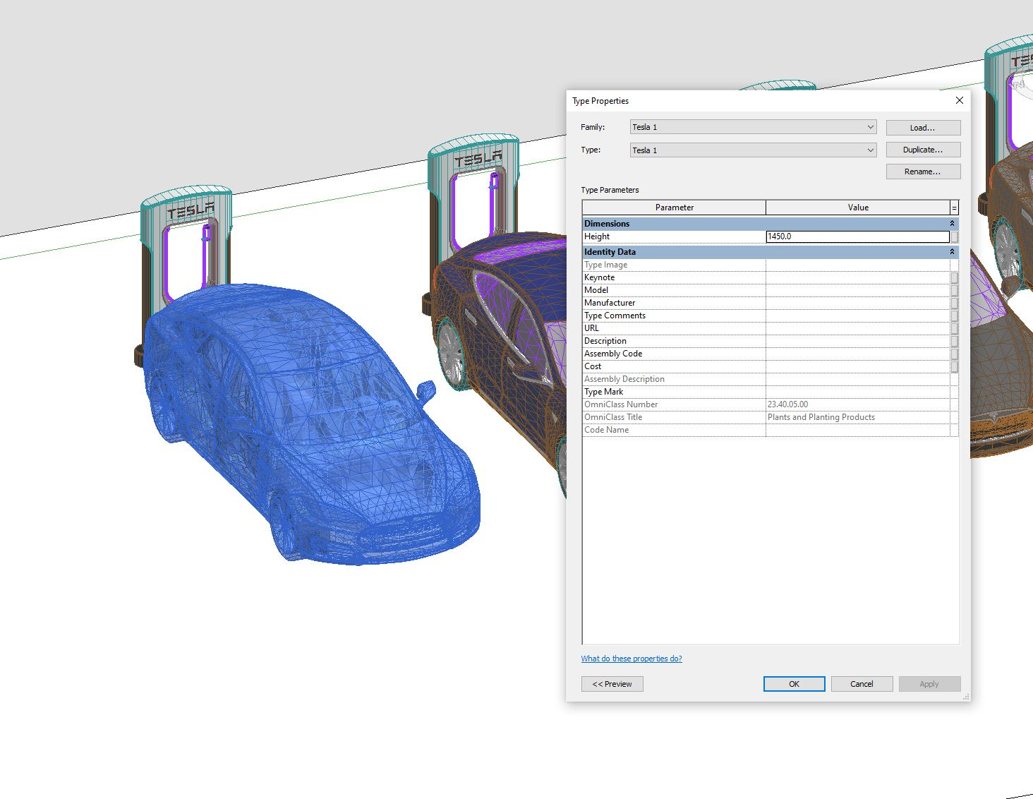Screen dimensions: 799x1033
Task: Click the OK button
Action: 794,684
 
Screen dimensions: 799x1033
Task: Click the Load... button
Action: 923,128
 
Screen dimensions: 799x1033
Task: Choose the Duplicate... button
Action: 923,150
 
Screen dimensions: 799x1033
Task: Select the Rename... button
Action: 923,172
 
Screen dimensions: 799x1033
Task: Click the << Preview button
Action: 612,684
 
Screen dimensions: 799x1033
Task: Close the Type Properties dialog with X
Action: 959,100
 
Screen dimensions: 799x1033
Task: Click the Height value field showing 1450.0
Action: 857,236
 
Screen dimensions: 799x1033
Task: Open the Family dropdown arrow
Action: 870,127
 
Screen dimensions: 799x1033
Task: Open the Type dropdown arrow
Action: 870,150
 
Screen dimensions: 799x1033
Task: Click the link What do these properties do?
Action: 632,659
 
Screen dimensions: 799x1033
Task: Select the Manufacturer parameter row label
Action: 610,303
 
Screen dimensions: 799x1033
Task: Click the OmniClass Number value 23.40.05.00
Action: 788,404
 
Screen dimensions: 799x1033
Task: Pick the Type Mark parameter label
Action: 604,392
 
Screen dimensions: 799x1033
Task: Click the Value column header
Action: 858,208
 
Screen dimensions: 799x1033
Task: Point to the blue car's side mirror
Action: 426,390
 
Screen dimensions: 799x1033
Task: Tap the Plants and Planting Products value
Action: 821,417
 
